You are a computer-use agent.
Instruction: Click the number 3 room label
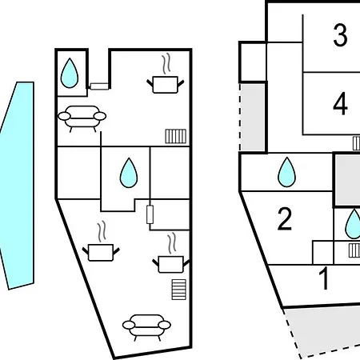[x=340, y=35]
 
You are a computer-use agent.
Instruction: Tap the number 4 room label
[x=340, y=103]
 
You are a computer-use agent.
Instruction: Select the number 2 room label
[x=285, y=218]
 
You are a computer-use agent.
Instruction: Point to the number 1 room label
[x=324, y=278]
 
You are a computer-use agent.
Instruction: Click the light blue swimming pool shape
[x=18, y=184]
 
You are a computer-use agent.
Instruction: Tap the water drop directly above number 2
[x=286, y=172]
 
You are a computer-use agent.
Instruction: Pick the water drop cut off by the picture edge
[x=353, y=224]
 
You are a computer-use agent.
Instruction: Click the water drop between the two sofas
[x=129, y=173]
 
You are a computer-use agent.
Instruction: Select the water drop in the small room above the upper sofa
[x=70, y=73]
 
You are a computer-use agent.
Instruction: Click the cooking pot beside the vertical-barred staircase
[x=166, y=84]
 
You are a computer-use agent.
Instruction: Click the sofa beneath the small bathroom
[x=82, y=118]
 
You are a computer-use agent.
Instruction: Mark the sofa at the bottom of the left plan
[x=146, y=327]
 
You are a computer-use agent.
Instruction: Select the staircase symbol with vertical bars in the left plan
[x=176, y=136]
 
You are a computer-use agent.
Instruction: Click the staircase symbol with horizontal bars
[x=179, y=290]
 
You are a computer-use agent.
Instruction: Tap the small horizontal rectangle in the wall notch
[x=99, y=86]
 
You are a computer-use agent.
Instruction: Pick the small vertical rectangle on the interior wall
[x=150, y=214]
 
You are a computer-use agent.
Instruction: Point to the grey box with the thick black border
[x=347, y=180]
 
